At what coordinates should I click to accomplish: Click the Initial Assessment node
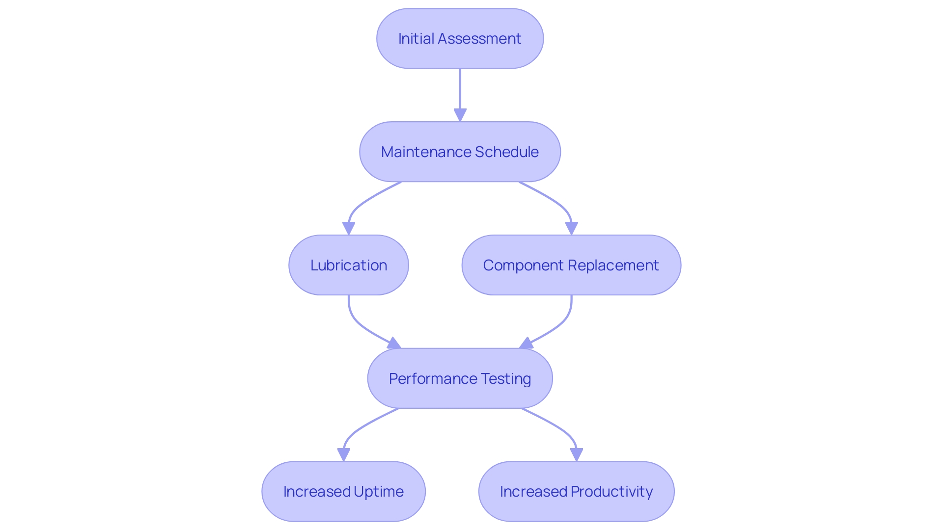(460, 38)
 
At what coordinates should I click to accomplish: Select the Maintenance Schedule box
(460, 152)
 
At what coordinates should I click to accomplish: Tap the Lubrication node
(349, 265)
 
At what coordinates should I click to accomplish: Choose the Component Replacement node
(571, 265)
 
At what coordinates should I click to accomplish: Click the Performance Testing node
(460, 378)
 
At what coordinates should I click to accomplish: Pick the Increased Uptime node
(343, 491)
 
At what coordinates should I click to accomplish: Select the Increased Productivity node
(576, 491)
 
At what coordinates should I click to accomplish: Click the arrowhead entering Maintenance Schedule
(460, 115)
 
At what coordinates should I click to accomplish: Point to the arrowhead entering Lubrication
(349, 228)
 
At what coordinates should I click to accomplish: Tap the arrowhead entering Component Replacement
(571, 228)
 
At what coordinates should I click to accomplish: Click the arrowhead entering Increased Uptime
(344, 454)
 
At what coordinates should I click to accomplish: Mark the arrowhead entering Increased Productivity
(577, 454)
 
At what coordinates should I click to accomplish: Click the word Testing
(505, 378)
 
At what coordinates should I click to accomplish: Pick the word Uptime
(378, 491)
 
